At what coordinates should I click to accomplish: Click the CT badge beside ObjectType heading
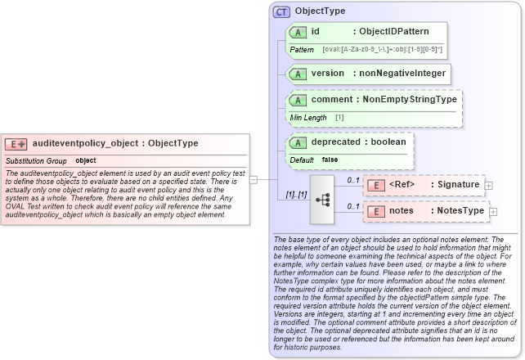281,11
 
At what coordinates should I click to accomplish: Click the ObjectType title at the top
320,11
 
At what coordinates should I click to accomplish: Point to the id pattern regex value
382,50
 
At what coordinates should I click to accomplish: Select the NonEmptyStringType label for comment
409,99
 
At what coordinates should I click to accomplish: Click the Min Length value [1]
339,118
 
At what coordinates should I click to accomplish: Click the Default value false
330,160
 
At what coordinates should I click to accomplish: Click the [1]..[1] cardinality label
295,196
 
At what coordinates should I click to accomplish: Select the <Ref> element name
402,184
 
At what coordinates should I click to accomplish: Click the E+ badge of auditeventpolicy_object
16,143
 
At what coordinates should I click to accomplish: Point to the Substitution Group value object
86,160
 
